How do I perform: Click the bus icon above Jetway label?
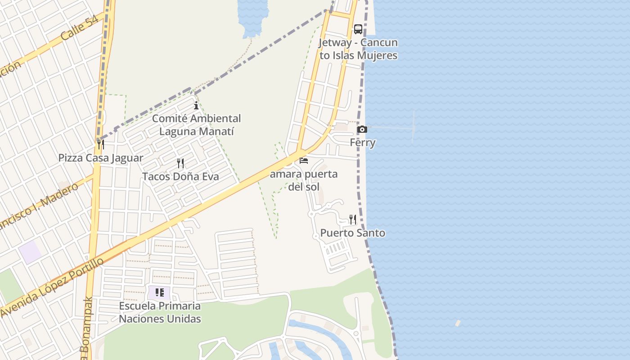click(358, 29)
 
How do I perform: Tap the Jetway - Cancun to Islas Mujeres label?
click(358, 49)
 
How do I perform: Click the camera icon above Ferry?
click(362, 130)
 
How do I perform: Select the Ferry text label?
click(363, 143)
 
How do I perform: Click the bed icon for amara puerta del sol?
click(304, 161)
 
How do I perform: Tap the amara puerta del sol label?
click(304, 180)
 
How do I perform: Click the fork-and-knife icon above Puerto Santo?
click(353, 220)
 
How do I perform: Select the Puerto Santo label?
click(353, 233)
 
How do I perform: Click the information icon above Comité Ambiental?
click(196, 106)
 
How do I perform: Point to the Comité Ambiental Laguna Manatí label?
click(196, 125)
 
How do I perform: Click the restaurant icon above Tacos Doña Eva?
click(180, 163)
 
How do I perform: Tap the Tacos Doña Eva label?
click(180, 176)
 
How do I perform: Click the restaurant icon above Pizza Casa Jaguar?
click(101, 144)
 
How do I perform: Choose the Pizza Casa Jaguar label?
click(101, 158)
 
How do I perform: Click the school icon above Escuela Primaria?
click(160, 293)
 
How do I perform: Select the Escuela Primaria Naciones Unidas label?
click(160, 312)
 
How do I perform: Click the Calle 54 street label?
click(79, 29)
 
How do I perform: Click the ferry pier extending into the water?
click(391, 129)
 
